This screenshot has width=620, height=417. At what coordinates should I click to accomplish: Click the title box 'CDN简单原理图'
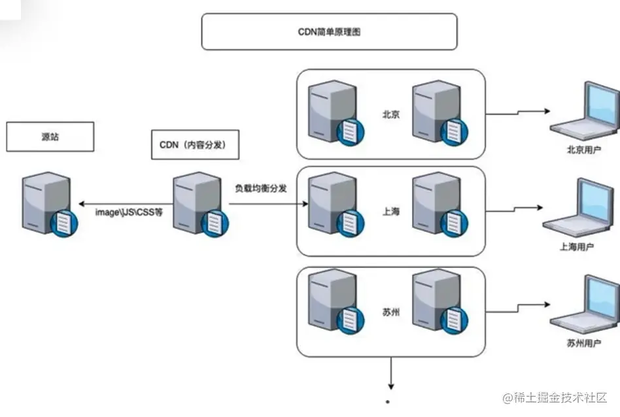(x=329, y=31)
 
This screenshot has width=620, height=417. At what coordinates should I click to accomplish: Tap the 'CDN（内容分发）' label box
(x=195, y=145)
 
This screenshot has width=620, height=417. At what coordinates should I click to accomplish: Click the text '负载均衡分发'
(x=262, y=188)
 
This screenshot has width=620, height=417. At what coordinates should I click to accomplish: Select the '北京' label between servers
(x=391, y=113)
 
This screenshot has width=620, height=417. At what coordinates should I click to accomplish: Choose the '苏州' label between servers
(x=391, y=312)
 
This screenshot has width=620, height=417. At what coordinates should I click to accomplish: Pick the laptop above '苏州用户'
(x=584, y=305)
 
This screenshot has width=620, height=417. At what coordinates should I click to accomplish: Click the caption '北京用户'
(x=583, y=150)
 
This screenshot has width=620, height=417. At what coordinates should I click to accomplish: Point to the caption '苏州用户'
(x=583, y=343)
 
